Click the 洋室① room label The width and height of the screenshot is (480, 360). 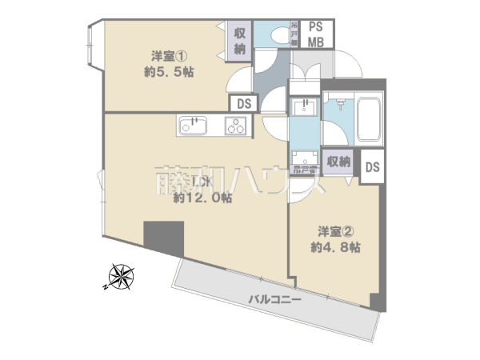point(170,56)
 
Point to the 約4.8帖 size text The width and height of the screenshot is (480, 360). point(330,247)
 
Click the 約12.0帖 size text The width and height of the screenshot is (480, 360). point(202,198)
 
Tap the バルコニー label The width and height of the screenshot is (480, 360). point(274,299)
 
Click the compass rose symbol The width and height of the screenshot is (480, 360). point(122,277)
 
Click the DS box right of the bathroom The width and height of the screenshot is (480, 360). point(372,167)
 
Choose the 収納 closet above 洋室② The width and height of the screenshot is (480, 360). point(338,162)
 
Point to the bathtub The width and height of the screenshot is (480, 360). point(370,120)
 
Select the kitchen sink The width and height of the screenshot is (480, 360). point(193,125)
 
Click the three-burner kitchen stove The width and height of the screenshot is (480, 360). point(236,125)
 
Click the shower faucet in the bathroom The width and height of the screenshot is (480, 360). point(339,105)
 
